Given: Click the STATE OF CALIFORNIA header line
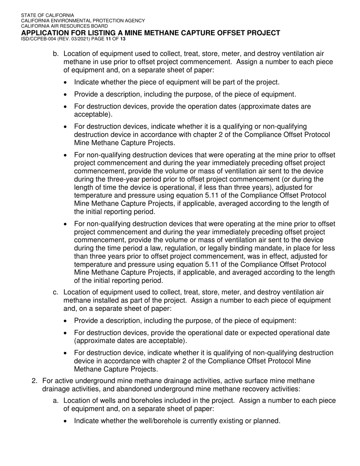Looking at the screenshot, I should (47, 16).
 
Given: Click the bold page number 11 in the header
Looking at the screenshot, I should (109, 39).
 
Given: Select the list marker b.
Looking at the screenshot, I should (56, 54).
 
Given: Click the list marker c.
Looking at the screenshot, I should (56, 292).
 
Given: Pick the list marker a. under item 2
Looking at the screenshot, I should (56, 401).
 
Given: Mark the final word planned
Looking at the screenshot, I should (268, 421).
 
